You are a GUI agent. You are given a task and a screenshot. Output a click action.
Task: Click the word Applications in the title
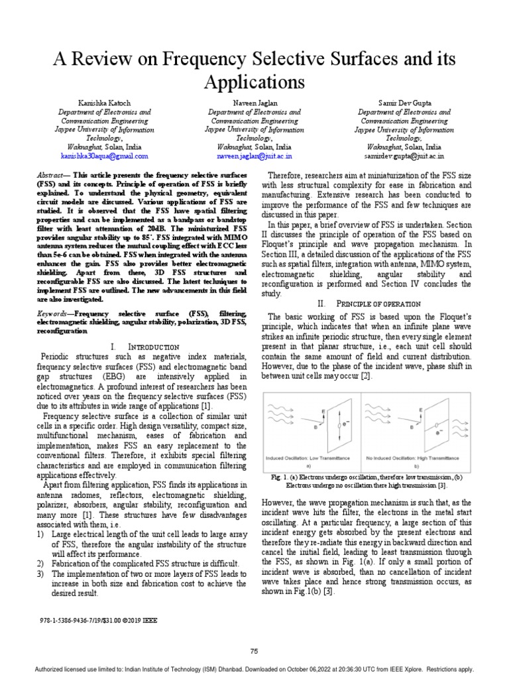pos(254,83)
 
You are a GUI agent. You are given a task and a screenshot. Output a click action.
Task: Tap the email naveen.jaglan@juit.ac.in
pos(254,156)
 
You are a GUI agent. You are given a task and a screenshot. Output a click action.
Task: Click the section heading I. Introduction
pos(144,347)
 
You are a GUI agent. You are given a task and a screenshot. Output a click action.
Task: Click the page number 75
pos(254,652)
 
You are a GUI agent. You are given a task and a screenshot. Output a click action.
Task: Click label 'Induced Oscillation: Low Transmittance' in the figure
pos(309,458)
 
